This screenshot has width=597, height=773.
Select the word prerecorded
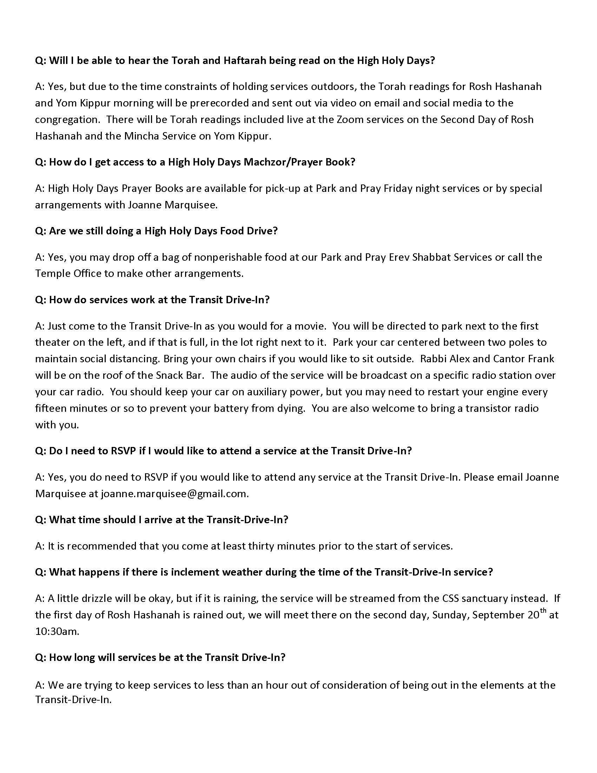[223, 103]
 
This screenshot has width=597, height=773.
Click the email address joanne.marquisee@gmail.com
[175, 493]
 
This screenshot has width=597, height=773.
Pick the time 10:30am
[57, 631]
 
